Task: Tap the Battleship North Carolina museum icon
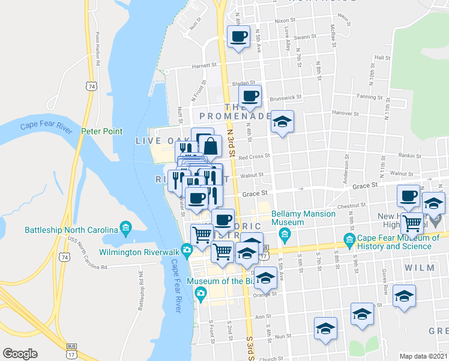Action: point(125,226)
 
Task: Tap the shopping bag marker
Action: point(211,146)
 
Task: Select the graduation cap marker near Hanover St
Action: point(282,122)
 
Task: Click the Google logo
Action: point(20,354)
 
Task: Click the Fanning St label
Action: point(369,97)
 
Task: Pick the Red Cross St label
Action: point(255,158)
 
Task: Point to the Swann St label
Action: point(305,37)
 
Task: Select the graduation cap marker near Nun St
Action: point(325,329)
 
